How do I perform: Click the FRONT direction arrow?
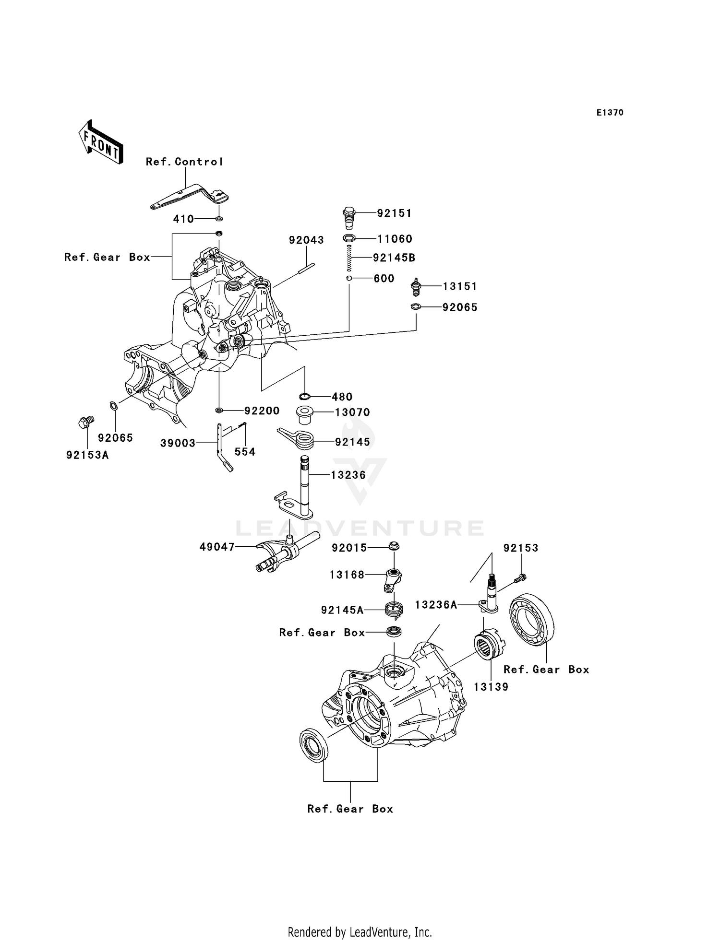pyautogui.click(x=101, y=142)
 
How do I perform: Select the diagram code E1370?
pyautogui.click(x=610, y=113)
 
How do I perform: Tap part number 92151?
pyautogui.click(x=394, y=213)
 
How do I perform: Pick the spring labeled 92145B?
pyautogui.click(x=349, y=258)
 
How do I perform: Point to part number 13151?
pyautogui.click(x=459, y=286)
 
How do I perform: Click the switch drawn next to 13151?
pyautogui.click(x=416, y=287)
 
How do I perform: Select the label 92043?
pyautogui.click(x=306, y=240)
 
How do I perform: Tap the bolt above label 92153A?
pyautogui.click(x=85, y=422)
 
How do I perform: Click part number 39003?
pyautogui.click(x=178, y=443)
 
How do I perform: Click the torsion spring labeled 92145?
pyautogui.click(x=298, y=439)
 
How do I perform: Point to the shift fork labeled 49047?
pyautogui.click(x=278, y=554)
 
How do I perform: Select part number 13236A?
pyautogui.click(x=436, y=605)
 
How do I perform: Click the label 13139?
pyautogui.click(x=491, y=687)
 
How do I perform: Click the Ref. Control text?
pyautogui.click(x=184, y=162)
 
